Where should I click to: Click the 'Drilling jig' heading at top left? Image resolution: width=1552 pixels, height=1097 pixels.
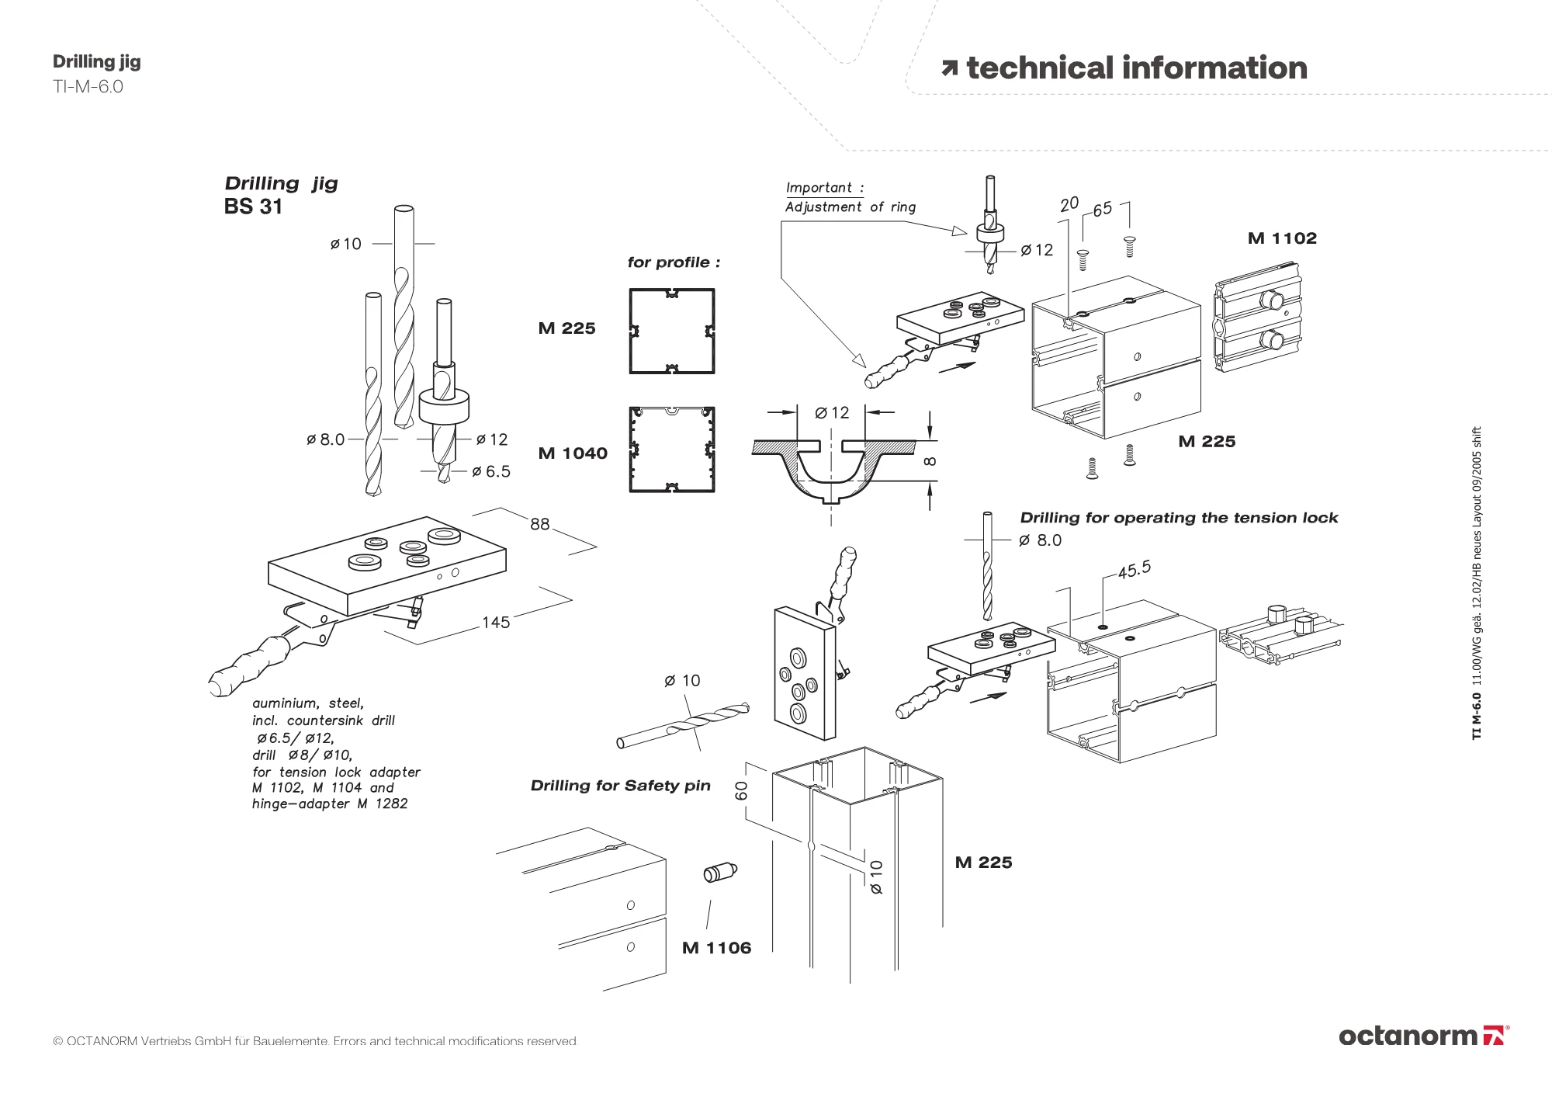[x=96, y=62]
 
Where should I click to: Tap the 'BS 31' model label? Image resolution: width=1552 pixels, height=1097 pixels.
[x=253, y=207]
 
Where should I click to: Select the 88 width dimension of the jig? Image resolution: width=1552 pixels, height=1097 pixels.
[x=540, y=524]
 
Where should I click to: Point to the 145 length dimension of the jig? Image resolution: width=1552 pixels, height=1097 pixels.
[x=496, y=622]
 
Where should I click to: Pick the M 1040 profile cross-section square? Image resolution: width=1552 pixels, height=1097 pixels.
[x=672, y=450]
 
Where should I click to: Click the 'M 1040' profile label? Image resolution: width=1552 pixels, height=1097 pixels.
[x=573, y=453]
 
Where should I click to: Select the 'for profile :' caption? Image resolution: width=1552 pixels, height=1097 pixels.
[x=674, y=262]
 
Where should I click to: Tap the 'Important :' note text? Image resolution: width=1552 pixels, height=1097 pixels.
[x=824, y=188]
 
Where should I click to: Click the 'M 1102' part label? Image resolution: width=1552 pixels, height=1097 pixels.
[x=1282, y=238]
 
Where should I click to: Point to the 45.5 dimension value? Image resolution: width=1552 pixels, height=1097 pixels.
[x=1134, y=569]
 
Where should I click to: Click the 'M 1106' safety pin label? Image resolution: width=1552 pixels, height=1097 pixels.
[x=716, y=948]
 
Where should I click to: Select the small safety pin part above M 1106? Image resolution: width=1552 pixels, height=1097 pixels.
[x=720, y=873]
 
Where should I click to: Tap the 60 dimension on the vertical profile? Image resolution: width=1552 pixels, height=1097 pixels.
[x=742, y=790]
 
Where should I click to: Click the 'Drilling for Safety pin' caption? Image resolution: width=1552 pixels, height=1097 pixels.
[x=620, y=786]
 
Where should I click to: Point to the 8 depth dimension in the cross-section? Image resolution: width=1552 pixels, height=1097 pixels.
[x=930, y=461]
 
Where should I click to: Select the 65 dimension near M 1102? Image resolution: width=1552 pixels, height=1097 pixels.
[x=1102, y=209]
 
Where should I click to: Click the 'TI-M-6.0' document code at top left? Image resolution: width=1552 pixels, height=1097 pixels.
[x=88, y=87]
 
